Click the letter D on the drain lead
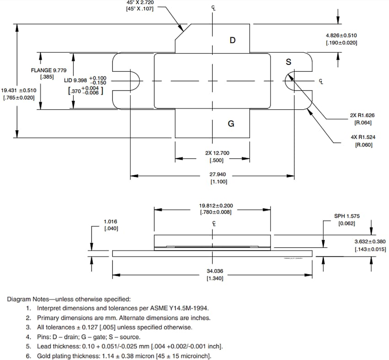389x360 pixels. pos(232,40)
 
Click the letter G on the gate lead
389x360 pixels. pos(231,124)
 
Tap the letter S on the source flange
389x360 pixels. pos(288,62)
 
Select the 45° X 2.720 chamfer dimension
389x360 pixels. pos(140,3)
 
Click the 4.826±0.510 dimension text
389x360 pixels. pos(341,35)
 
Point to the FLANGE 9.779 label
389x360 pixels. pos(49,70)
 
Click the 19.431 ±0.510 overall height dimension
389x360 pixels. pos(19,91)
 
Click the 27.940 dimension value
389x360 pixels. pos(218,174)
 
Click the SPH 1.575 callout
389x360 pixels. pos(346,215)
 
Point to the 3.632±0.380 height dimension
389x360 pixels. pos(370,242)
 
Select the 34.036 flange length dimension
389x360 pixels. pos(215,271)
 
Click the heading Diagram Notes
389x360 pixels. pos(69,299)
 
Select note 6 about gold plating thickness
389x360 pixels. pos(124,356)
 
